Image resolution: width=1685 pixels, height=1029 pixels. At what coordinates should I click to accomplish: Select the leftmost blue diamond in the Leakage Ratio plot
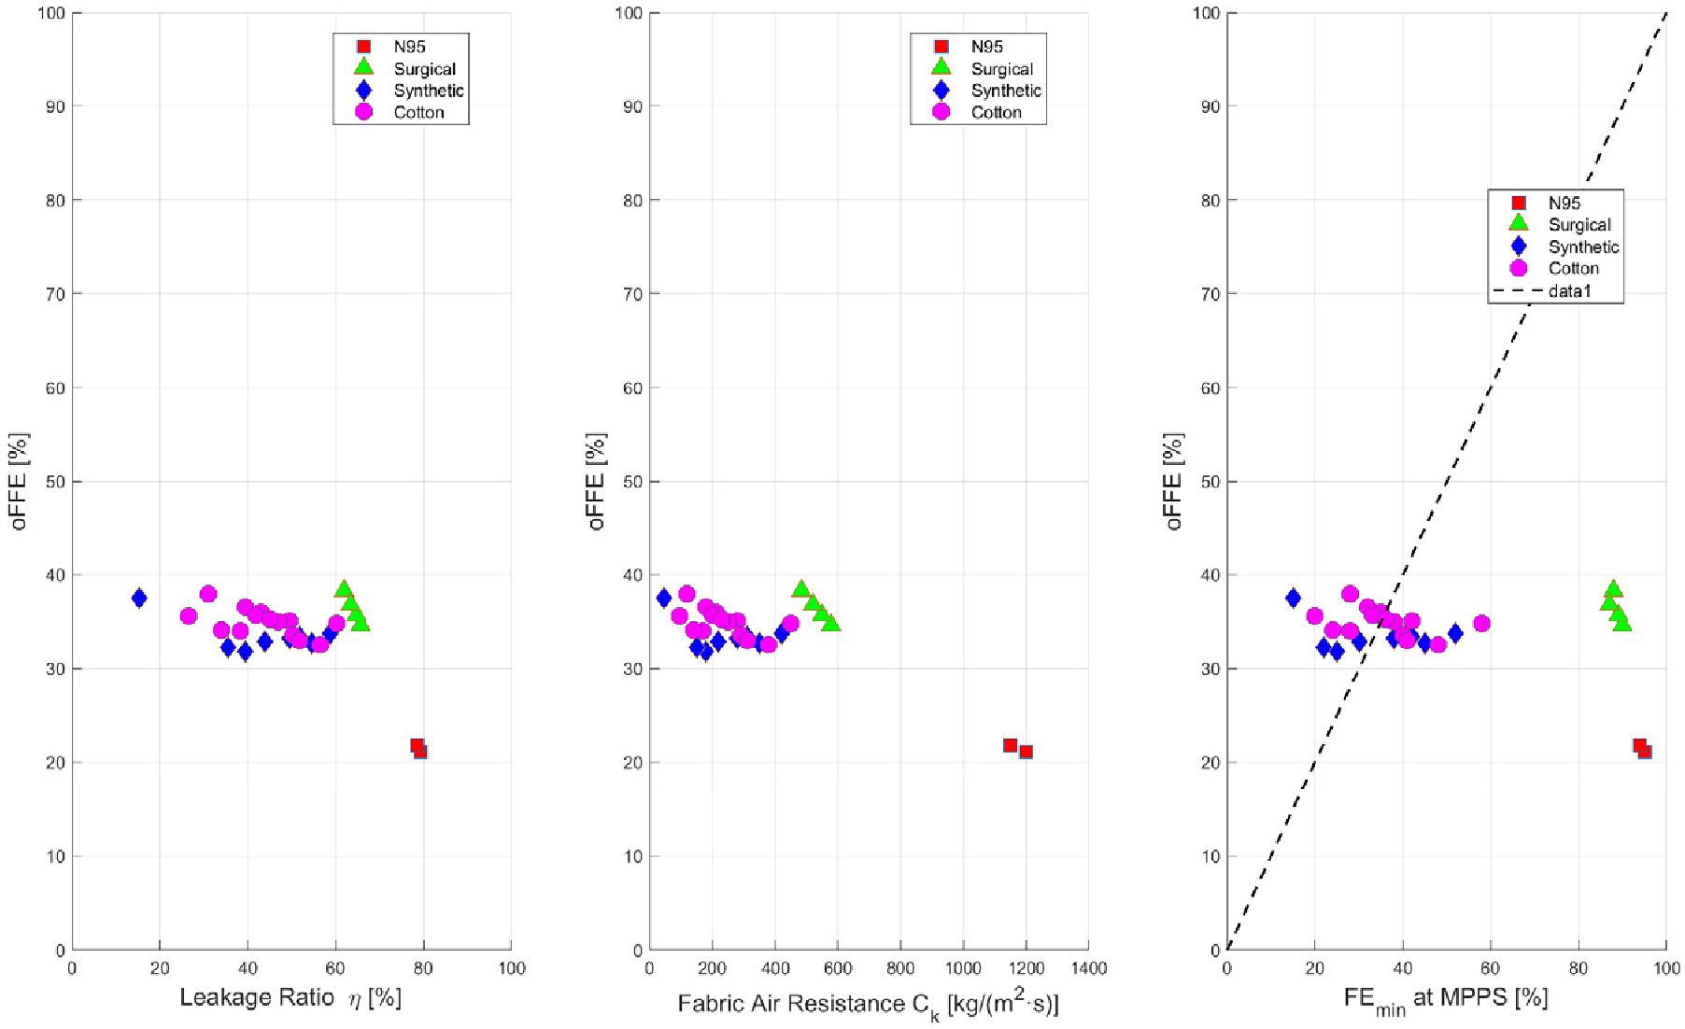[139, 598]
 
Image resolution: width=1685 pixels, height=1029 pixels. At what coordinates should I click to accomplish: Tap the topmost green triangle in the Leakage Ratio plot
[344, 589]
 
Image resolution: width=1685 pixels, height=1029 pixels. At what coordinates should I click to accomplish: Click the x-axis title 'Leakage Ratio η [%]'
[290, 997]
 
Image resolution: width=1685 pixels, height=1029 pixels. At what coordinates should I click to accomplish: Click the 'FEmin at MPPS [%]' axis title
[1445, 999]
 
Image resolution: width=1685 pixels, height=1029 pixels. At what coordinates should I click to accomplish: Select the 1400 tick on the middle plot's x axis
[1088, 968]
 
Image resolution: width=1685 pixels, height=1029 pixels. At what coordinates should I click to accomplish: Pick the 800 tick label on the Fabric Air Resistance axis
[900, 968]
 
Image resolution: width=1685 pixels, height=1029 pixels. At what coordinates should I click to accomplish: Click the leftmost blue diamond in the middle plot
[664, 598]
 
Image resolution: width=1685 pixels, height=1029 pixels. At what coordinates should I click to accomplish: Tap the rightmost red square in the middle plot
[1026, 752]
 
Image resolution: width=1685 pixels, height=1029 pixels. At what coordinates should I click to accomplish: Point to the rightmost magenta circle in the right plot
[1481, 623]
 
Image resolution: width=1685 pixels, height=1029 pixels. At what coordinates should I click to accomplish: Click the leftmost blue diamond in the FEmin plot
[1293, 598]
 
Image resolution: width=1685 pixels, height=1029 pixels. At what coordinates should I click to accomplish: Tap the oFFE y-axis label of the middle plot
[597, 481]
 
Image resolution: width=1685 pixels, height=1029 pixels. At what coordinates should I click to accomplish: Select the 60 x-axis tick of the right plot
[1490, 968]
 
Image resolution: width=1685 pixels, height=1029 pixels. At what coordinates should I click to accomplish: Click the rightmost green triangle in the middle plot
[831, 623]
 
